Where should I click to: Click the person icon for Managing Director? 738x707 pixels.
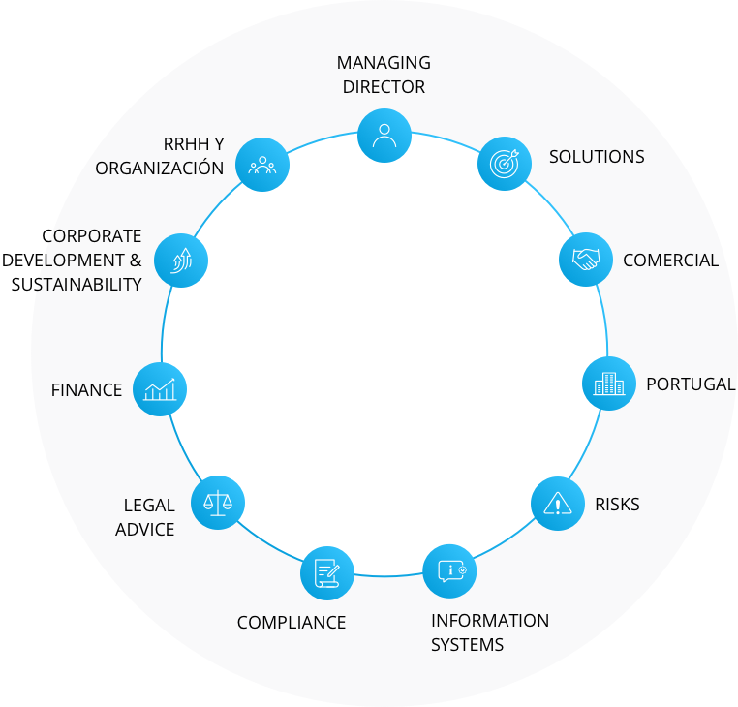(x=384, y=136)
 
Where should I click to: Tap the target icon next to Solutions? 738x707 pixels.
(x=505, y=164)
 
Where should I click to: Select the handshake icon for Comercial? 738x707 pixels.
(x=586, y=260)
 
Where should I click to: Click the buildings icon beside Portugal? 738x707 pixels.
(x=609, y=384)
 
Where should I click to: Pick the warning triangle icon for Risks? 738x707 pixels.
(x=558, y=504)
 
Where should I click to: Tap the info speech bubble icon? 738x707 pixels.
(x=450, y=571)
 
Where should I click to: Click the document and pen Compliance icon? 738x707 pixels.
(x=327, y=573)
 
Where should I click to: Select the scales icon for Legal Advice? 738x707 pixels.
(x=218, y=503)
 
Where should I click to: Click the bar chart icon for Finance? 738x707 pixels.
(x=160, y=389)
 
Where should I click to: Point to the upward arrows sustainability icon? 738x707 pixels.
(x=181, y=261)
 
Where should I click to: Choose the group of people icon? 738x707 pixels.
(x=262, y=165)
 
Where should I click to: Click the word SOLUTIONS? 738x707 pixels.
(x=597, y=157)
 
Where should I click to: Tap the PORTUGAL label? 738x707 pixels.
(x=691, y=384)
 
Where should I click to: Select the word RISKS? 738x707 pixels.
(x=617, y=505)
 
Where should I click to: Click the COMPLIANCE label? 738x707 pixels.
(x=292, y=623)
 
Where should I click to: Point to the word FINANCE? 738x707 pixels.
(x=86, y=390)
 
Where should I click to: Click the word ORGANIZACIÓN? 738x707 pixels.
(x=160, y=168)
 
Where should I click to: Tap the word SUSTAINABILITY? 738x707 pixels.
(x=77, y=285)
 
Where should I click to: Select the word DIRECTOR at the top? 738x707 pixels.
(x=384, y=87)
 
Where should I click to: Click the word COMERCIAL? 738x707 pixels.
(x=671, y=261)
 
